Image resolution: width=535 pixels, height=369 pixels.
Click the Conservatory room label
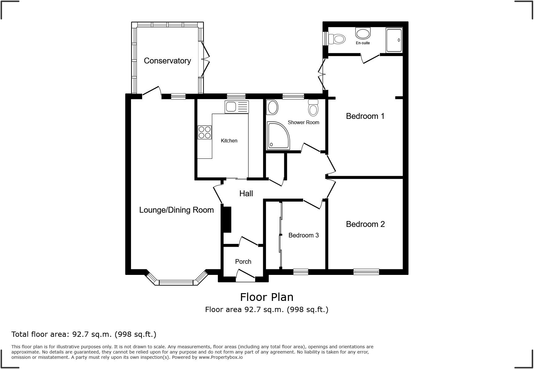[x=167, y=61]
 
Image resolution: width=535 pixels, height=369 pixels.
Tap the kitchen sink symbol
[x=237, y=107]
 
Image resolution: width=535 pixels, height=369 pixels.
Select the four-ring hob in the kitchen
[x=205, y=132]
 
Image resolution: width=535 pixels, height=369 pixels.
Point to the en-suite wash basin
[x=363, y=33]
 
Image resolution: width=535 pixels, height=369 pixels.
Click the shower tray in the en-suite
[x=394, y=40]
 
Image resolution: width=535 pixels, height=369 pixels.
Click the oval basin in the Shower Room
[x=272, y=107]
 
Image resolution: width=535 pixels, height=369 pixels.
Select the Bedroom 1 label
[x=365, y=116]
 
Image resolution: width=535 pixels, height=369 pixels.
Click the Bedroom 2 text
[x=365, y=224]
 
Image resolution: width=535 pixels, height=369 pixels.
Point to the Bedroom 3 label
[x=303, y=235]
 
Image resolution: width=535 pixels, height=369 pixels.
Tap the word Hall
[x=246, y=193]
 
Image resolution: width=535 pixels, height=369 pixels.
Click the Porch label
[x=243, y=262]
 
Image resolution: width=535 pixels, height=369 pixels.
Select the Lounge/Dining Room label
[x=176, y=210]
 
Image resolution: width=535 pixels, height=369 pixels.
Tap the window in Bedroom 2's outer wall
[x=366, y=272]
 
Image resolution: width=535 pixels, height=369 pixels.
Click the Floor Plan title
[x=267, y=297]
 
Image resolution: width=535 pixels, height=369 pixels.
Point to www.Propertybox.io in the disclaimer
[x=220, y=357]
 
